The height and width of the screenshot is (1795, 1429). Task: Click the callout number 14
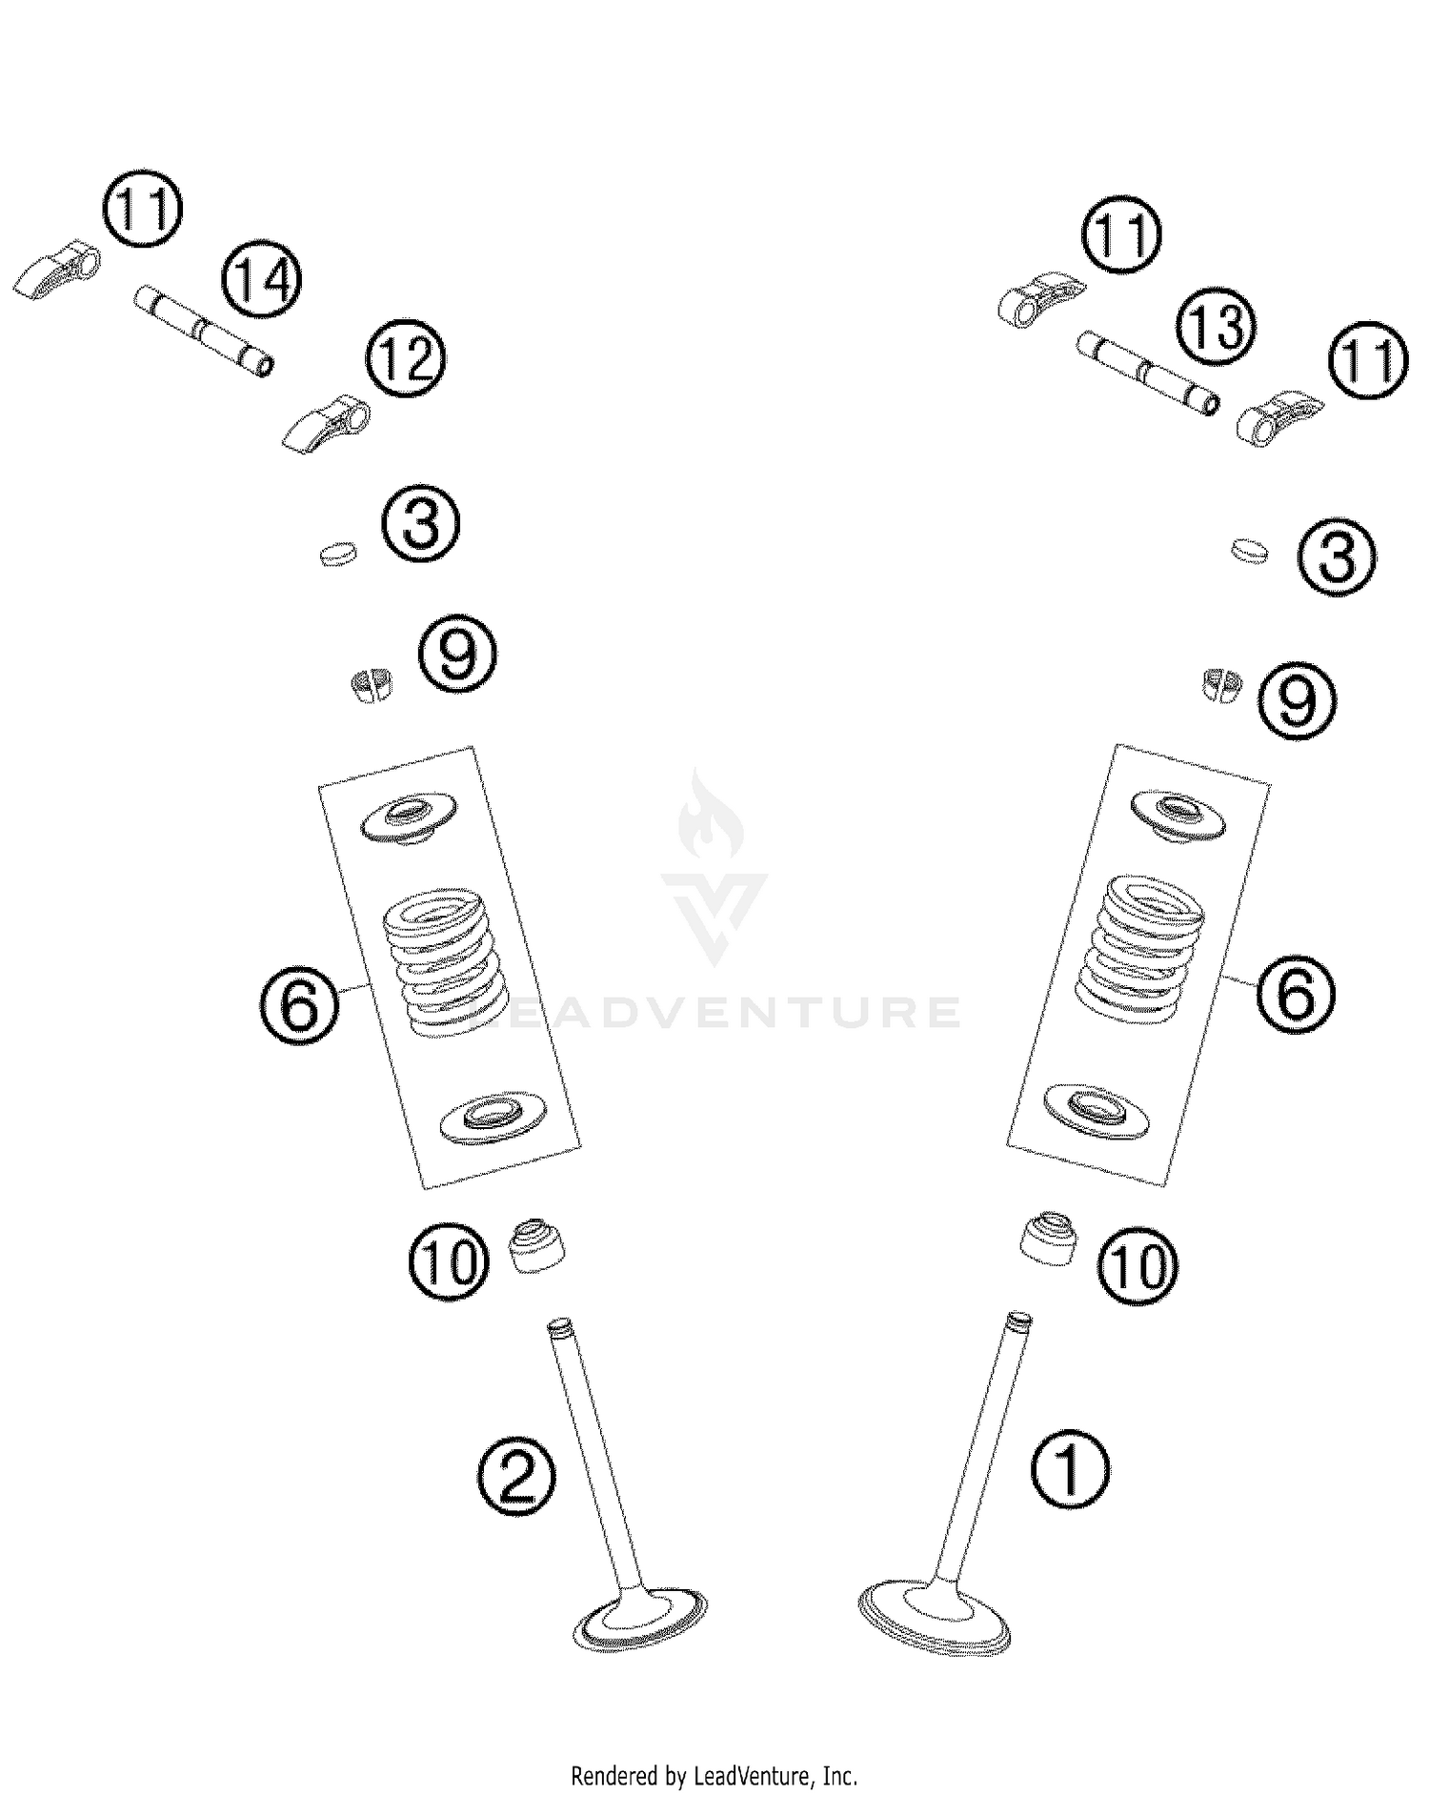point(259,280)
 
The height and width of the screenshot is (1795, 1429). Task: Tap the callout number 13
point(1216,327)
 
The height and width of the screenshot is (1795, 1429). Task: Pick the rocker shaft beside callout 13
point(1148,372)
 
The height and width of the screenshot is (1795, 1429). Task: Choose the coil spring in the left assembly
point(437,961)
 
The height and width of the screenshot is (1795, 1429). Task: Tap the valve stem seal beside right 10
point(1052,1238)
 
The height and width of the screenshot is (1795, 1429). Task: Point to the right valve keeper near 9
point(1220,684)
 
